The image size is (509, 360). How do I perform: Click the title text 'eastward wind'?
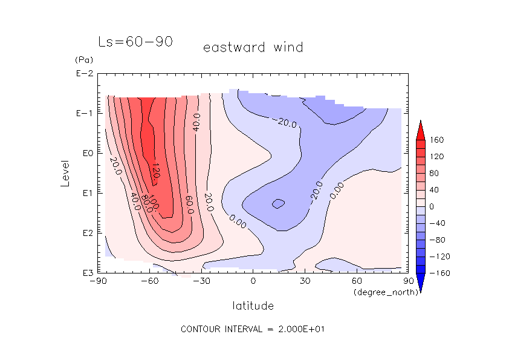click(253, 47)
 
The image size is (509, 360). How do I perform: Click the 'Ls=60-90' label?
click(135, 42)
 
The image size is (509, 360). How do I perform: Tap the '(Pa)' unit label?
click(82, 60)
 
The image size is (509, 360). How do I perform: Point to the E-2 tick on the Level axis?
click(84, 74)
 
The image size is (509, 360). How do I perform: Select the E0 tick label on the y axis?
click(85, 154)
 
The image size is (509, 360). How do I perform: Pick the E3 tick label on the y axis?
click(85, 273)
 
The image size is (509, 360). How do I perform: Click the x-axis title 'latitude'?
click(253, 306)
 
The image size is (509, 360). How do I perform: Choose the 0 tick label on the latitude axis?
click(253, 281)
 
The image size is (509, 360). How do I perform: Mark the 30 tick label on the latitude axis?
click(305, 281)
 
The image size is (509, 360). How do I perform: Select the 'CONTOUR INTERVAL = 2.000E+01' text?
click(254, 329)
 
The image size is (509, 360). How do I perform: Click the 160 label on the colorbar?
click(436, 140)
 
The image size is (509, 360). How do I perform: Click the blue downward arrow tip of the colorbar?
click(421, 290)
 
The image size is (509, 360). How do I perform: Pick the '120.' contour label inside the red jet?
click(156, 171)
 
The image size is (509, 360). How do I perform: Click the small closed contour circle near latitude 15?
click(278, 204)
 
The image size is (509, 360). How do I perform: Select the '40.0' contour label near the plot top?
click(196, 121)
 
